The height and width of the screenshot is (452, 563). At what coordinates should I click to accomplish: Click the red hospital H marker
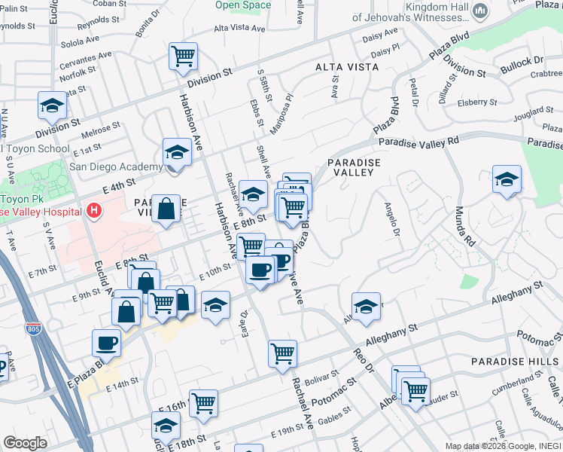tap(94, 210)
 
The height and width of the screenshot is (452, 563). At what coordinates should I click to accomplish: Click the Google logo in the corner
tap(25, 443)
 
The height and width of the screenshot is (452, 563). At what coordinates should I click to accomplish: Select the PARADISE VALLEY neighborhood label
tap(350, 167)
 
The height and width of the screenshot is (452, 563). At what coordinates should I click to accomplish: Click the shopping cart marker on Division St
tap(183, 56)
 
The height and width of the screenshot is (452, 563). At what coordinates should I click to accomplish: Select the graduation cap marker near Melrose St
tap(52, 105)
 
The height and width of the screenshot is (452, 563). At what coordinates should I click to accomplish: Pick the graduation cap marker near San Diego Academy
tap(177, 152)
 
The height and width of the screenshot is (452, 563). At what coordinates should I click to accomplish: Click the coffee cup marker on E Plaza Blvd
tap(106, 344)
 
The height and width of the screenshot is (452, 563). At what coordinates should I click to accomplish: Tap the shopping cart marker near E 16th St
tap(203, 403)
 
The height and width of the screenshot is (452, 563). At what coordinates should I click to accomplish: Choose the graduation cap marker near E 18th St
tap(166, 426)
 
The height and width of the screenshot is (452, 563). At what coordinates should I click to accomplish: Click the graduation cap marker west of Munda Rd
tap(507, 179)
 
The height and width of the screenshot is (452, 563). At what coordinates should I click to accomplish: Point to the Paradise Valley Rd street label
tap(418, 142)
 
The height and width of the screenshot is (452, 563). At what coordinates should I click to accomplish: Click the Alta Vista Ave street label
tap(240, 29)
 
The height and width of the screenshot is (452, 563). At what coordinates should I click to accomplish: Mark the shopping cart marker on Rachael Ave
tap(282, 352)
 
